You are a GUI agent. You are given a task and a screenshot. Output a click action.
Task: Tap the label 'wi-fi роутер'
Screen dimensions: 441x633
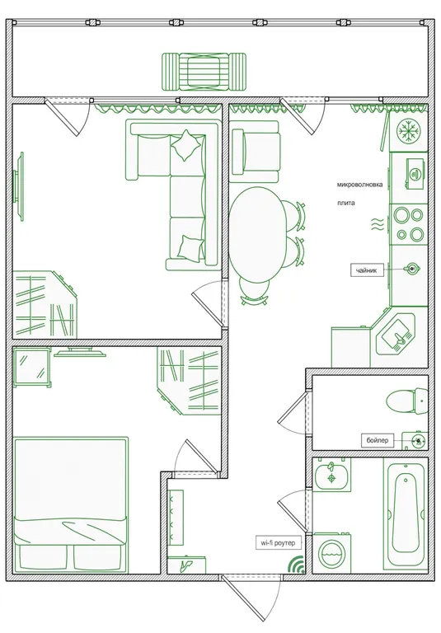click(279, 543)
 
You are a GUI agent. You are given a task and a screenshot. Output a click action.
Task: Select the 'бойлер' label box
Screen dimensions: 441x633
click(378, 440)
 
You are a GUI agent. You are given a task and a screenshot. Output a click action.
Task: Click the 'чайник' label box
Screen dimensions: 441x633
click(366, 270)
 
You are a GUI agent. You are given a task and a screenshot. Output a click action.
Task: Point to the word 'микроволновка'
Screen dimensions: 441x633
click(359, 185)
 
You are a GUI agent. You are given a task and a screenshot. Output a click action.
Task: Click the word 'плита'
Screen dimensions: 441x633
click(346, 203)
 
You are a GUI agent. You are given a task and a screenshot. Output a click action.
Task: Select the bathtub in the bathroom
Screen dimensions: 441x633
click(406, 516)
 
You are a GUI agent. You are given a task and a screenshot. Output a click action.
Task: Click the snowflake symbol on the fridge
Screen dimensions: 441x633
click(409, 131)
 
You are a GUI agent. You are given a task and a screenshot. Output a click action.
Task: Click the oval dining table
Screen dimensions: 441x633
click(258, 234)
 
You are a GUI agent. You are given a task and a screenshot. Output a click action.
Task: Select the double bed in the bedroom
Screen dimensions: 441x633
click(70, 504)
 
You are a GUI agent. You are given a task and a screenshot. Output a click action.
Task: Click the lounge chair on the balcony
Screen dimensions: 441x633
click(204, 72)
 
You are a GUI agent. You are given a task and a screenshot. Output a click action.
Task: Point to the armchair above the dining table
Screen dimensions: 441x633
click(256, 152)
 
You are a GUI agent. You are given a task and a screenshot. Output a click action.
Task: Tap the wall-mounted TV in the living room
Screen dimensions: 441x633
click(19, 186)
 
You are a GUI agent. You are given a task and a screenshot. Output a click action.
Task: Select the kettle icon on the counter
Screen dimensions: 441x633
click(412, 268)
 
